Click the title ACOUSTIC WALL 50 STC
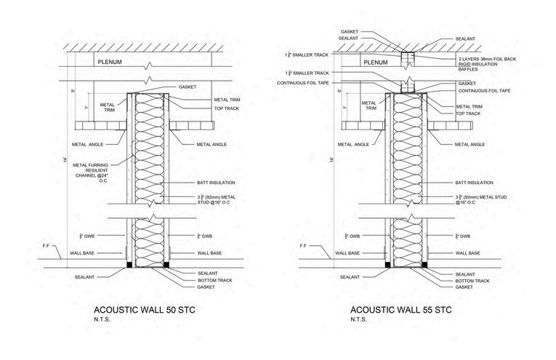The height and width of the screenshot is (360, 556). tap(145, 309)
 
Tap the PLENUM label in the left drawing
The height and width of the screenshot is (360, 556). tap(110, 63)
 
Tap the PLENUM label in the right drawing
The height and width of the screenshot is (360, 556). tap(375, 63)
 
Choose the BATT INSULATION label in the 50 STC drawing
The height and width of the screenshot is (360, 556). tap(217, 183)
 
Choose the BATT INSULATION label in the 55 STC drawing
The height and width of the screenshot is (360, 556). tap(474, 183)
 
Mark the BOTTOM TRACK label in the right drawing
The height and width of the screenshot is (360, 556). tap(474, 280)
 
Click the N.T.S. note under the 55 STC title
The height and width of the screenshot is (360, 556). tap(357, 319)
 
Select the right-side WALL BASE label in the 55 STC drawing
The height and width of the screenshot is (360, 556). tap(467, 253)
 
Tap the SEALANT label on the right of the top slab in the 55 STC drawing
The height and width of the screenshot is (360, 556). tap(465, 38)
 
